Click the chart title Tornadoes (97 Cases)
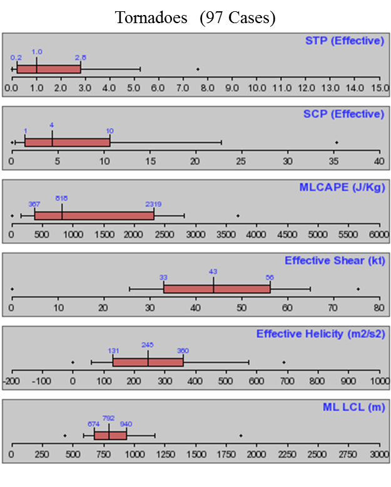tap(195, 18)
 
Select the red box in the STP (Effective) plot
tap(49, 69)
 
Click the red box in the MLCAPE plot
tap(94, 216)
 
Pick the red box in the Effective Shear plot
tap(217, 289)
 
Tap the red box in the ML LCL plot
tap(110, 435)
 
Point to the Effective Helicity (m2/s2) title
tap(320, 334)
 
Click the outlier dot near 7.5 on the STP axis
tap(198, 69)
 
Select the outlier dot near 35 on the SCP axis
tap(337, 143)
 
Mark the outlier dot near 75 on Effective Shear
tap(358, 289)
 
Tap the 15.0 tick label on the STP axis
tap(378, 88)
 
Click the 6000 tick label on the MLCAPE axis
tap(378, 234)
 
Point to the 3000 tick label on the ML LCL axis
tap(378, 453)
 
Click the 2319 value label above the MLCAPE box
tap(154, 204)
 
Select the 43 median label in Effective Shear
tap(213, 272)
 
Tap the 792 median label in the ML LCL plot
tap(109, 418)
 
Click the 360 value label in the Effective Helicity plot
tap(183, 351)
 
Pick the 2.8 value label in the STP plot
tap(80, 58)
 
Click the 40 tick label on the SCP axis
tap(379, 161)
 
